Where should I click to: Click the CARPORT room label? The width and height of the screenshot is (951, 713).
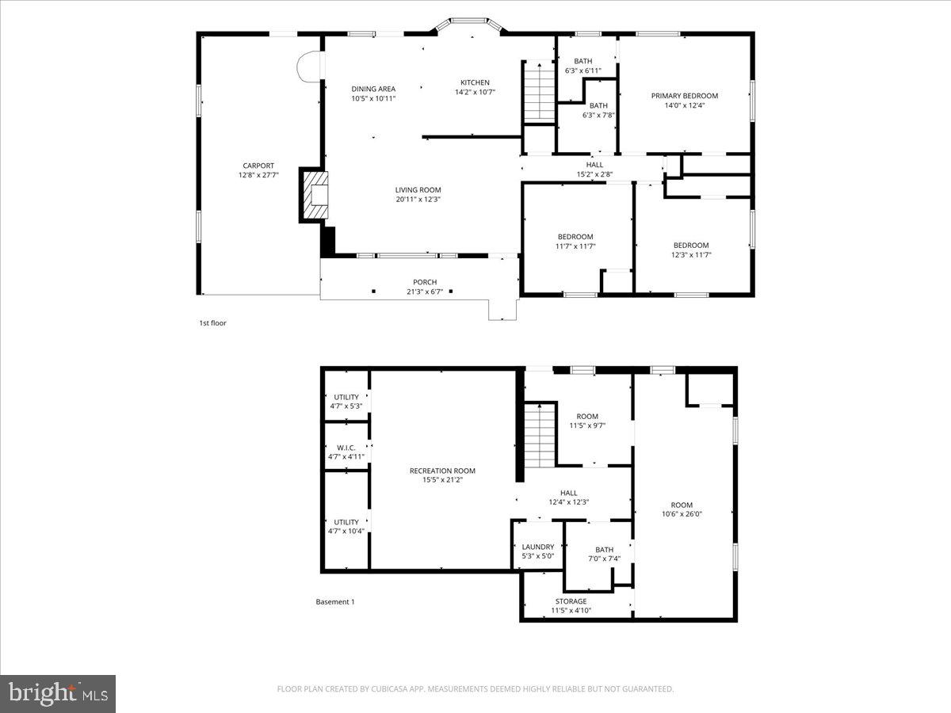(x=258, y=170)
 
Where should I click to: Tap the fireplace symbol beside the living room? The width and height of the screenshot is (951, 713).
(x=315, y=194)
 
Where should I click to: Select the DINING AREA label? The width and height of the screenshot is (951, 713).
(x=373, y=93)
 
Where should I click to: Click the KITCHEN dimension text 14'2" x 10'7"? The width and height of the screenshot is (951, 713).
(x=475, y=93)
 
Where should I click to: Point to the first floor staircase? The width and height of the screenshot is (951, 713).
(x=539, y=91)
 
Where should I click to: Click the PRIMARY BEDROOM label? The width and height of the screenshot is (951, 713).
(x=684, y=100)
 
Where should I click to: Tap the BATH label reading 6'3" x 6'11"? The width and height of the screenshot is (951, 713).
(x=583, y=66)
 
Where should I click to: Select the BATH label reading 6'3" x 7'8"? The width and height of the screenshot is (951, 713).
(x=598, y=110)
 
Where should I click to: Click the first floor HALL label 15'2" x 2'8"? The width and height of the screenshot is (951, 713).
(x=594, y=170)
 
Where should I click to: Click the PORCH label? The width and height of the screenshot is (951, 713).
(x=425, y=287)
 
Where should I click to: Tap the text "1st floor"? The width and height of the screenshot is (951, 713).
(x=212, y=323)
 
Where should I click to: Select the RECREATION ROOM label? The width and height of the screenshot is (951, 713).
(x=442, y=475)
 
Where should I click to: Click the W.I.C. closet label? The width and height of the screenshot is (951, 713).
(x=346, y=452)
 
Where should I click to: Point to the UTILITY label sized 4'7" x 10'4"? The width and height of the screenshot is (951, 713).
(x=346, y=527)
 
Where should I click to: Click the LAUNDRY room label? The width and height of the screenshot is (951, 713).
(x=538, y=551)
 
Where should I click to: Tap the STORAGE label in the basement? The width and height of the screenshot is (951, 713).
(x=571, y=605)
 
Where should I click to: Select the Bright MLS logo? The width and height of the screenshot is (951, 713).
(x=58, y=694)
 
